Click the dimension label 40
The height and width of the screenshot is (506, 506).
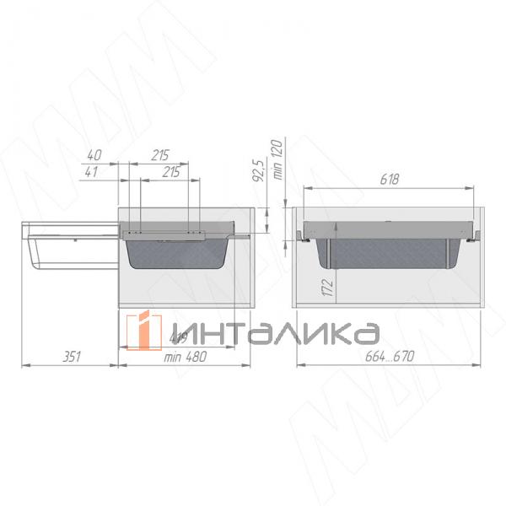coord(94,155)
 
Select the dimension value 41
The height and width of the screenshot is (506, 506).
coord(94,172)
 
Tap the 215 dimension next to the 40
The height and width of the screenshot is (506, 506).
coord(160,155)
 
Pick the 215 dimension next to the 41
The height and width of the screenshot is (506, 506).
coord(170,172)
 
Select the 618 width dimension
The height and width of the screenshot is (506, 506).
coord(388,180)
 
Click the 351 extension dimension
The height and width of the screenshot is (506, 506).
coord(73,357)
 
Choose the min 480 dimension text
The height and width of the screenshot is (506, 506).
coord(186,357)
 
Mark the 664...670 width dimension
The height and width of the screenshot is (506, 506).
coord(390,357)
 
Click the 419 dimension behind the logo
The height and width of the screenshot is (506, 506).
coord(177,339)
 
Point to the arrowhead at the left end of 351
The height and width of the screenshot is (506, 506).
coord(24,365)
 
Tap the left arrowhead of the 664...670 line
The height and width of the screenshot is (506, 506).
coord(299,365)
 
